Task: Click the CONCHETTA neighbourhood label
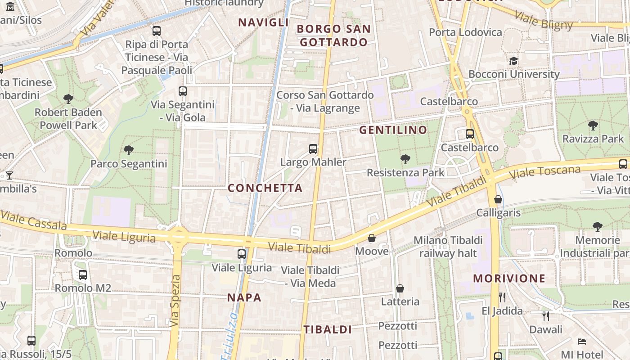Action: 265,188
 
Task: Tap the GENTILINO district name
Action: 393,130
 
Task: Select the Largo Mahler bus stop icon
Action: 313,149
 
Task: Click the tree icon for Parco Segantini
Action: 129,150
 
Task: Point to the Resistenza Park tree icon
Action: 405,159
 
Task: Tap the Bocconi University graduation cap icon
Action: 513,61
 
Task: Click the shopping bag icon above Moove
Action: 372,238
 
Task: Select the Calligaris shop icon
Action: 498,199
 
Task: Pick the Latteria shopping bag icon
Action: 400,288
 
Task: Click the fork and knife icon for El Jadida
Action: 502,297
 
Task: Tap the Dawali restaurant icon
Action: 546,316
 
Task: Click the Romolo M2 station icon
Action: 83,274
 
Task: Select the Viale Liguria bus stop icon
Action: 242,254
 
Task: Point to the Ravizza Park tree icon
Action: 593,126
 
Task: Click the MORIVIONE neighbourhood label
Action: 509,279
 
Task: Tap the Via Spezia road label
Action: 175,301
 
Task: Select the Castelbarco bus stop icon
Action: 470,134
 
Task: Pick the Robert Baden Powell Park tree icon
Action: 68,99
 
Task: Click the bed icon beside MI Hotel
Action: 581,342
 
